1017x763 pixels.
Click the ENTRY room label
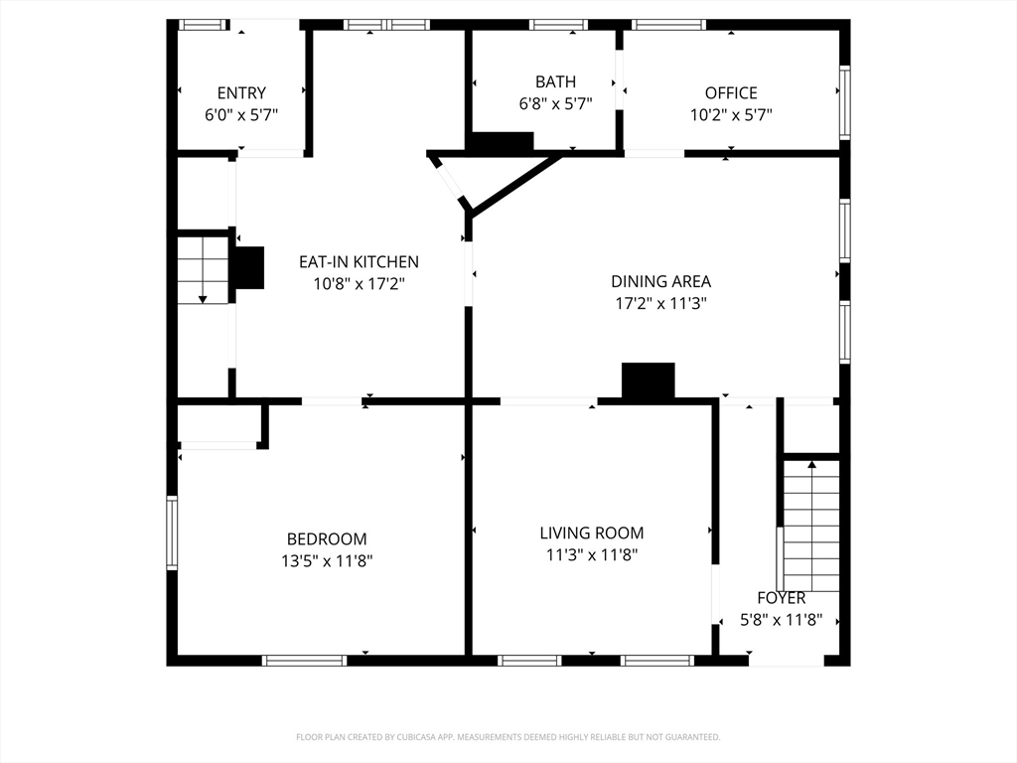(x=241, y=92)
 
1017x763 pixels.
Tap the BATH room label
(x=555, y=81)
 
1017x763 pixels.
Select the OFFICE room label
(x=731, y=92)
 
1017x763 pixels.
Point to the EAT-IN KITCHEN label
(x=359, y=261)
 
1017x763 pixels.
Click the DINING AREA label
(x=660, y=281)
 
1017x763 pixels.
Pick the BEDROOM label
(x=327, y=538)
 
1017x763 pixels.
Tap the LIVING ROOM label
(x=592, y=533)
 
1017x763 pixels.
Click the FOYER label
(x=781, y=597)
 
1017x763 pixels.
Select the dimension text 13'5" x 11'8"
(x=327, y=560)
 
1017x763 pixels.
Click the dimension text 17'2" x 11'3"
(x=660, y=303)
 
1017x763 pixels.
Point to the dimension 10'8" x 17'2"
(x=359, y=283)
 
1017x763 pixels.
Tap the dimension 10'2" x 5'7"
(x=731, y=115)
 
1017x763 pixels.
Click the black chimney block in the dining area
(x=648, y=381)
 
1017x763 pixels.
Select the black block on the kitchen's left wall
(x=248, y=267)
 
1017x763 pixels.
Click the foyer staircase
(x=810, y=526)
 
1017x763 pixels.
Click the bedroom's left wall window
(x=172, y=533)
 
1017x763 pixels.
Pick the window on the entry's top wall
(x=203, y=25)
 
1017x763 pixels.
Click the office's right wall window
(x=844, y=102)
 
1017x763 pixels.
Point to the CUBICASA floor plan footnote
(x=508, y=737)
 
